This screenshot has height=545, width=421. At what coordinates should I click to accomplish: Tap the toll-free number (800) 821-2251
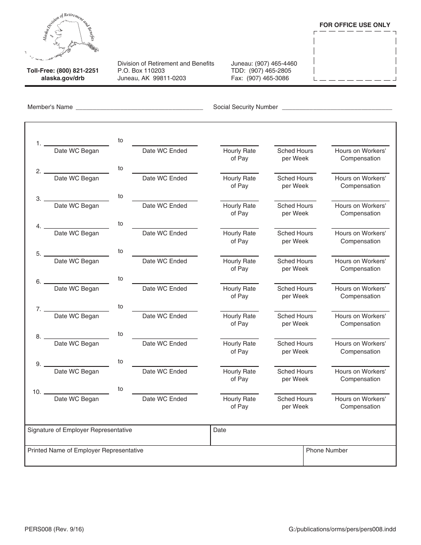point(62,70)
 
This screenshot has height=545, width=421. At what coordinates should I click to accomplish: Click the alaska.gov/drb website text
point(62,78)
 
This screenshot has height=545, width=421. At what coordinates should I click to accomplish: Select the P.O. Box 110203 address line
point(141,70)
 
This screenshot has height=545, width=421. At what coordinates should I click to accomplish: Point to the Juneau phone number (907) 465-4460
point(264,63)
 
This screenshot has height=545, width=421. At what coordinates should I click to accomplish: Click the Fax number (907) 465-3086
point(260,78)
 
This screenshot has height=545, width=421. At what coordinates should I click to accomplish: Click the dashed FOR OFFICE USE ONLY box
point(355,56)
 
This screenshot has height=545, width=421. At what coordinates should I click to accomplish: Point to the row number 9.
point(39,364)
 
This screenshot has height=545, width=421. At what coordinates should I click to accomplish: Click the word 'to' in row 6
point(121,279)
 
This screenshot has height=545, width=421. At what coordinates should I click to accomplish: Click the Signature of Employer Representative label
point(80,430)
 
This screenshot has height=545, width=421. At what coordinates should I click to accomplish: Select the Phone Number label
point(327,450)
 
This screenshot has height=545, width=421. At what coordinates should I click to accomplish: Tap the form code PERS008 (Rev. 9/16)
point(55,529)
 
